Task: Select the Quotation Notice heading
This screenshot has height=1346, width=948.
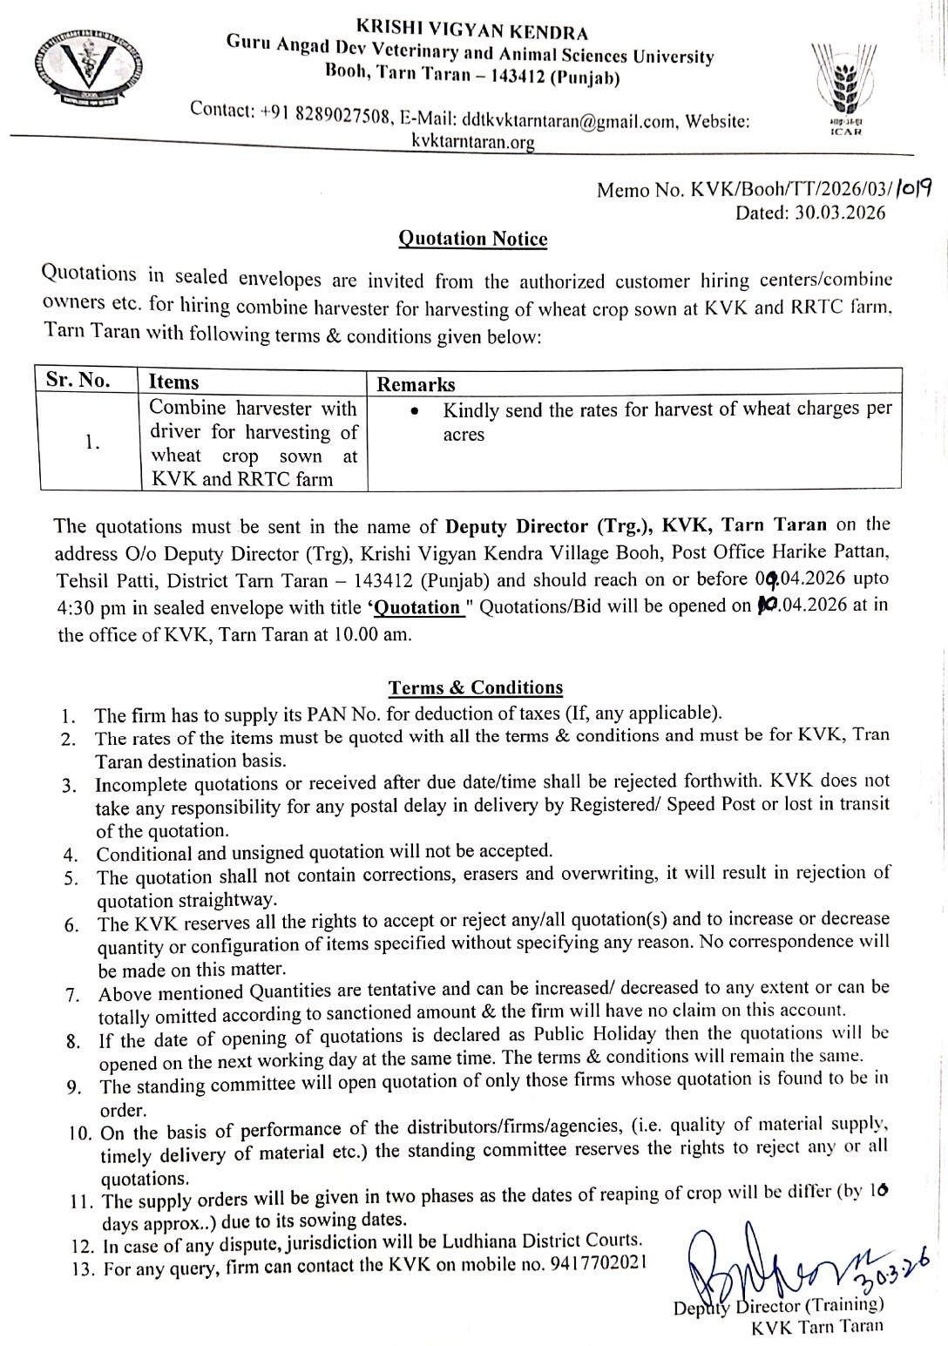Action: coord(472,239)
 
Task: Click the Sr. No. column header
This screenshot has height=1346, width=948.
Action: coord(78,381)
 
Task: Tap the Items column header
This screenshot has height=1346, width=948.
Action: coord(173,382)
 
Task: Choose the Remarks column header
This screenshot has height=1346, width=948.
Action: coord(416,384)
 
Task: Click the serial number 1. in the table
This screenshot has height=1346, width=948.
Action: coord(92,442)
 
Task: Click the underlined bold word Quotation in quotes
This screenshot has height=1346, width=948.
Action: coord(418,607)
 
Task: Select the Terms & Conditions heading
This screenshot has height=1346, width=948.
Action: coord(476,687)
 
